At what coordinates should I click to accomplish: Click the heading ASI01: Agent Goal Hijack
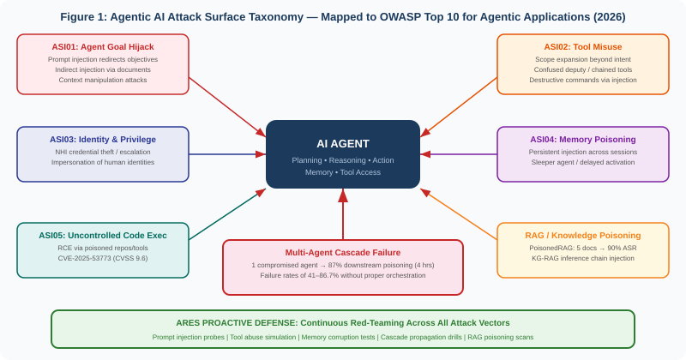click(103, 46)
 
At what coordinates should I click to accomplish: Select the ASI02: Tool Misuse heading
click(583, 46)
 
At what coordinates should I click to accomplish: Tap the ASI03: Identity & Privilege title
click(103, 139)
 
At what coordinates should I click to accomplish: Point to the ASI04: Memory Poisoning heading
click(583, 139)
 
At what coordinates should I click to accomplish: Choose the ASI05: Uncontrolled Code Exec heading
click(103, 235)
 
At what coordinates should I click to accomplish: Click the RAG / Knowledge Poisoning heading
click(583, 235)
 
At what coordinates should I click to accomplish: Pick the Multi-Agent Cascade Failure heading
click(343, 252)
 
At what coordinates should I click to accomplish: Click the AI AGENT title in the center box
click(343, 143)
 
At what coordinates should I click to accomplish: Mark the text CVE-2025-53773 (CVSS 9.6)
click(103, 258)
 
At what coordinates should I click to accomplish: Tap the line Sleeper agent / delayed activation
click(583, 162)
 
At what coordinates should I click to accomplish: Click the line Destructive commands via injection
click(583, 80)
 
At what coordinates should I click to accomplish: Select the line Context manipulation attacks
click(103, 80)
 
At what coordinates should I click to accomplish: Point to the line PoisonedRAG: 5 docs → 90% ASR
click(583, 248)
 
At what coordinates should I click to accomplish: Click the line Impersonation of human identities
click(103, 162)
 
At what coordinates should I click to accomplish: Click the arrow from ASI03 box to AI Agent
click(227, 154)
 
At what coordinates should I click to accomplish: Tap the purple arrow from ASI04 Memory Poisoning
click(459, 154)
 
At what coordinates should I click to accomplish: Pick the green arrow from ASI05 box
click(227, 214)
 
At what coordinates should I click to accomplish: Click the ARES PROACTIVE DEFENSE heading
click(343, 323)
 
